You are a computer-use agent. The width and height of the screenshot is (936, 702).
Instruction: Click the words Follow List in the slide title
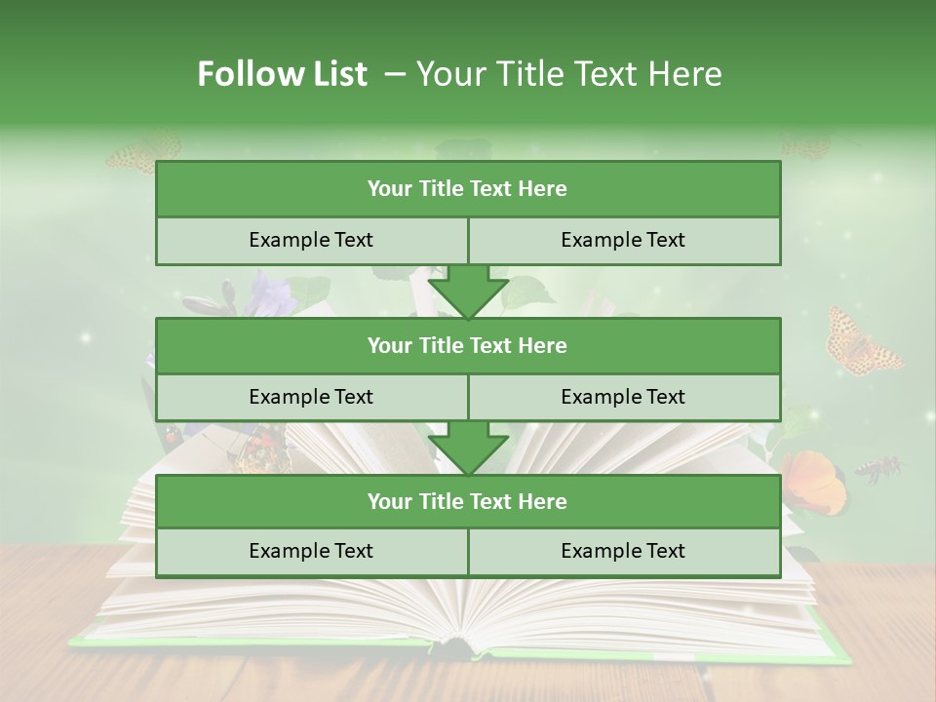283,74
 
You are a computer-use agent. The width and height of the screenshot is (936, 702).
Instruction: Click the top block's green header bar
468,189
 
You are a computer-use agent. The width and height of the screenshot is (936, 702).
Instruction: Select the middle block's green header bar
468,345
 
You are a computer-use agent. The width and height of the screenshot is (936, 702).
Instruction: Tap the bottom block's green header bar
468,501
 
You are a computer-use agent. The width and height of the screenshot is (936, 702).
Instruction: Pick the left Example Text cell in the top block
311,240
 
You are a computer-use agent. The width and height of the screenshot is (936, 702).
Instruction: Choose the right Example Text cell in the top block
624,240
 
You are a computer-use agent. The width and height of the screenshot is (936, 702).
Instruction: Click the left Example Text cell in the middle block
311,397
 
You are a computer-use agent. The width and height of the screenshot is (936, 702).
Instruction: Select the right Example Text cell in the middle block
624,397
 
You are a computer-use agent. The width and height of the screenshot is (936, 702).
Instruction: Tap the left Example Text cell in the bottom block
311,551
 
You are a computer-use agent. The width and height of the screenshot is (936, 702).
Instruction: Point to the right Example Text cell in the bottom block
624,551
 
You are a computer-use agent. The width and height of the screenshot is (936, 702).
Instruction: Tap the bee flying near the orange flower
877,469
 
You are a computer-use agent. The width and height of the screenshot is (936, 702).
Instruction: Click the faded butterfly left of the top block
143,152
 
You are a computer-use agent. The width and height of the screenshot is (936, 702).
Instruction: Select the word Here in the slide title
687,74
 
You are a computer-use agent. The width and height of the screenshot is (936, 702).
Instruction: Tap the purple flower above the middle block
270,293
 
